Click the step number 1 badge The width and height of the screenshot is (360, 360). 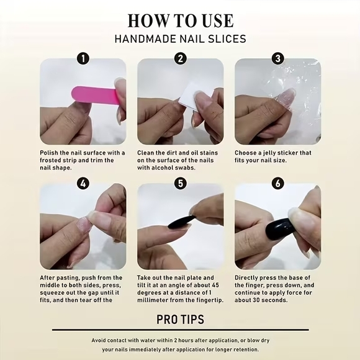tap(83, 59)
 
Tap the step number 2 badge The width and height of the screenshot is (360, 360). tap(180, 59)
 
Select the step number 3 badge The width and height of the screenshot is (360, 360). tap(277, 59)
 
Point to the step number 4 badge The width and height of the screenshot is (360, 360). tap(83, 183)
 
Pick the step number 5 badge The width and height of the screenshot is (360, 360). tap(180, 183)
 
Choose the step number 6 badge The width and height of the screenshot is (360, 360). tap(277, 183)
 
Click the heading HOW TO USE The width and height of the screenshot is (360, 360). tap(180, 20)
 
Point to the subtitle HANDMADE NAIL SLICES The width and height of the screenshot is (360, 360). tap(180, 38)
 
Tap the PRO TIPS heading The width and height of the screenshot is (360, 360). tap(179, 321)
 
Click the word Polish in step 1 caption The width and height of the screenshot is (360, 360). tap(50, 153)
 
